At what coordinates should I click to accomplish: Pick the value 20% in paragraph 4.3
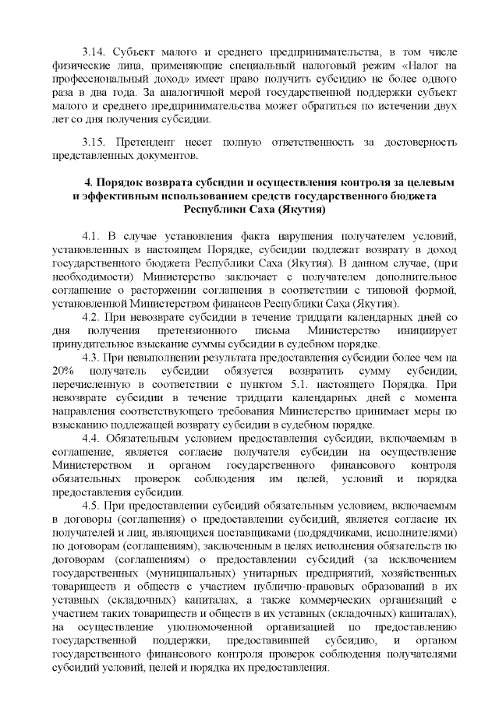(x=64, y=370)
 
